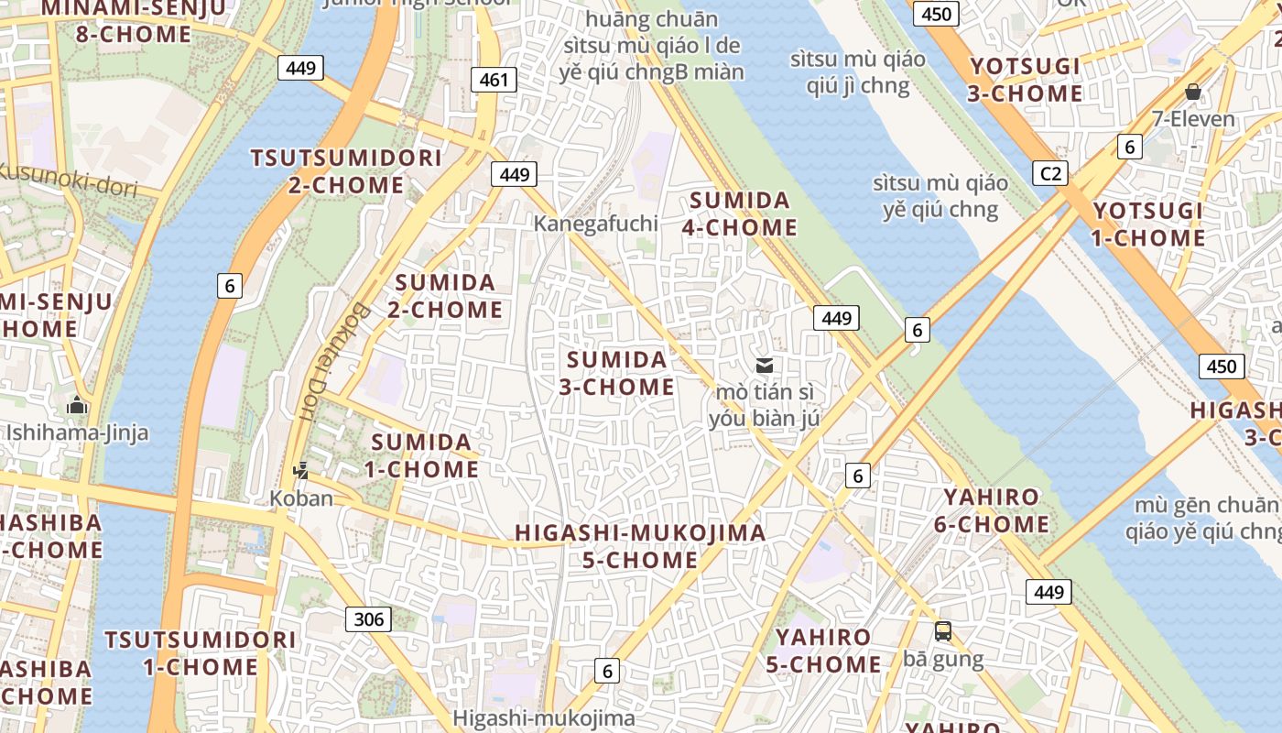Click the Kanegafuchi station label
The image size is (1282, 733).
pos(595,224)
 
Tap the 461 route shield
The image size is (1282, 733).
pos(494,80)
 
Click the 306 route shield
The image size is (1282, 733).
pos(368,619)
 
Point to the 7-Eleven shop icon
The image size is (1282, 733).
pos(1192,92)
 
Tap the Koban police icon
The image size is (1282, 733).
pos(300,472)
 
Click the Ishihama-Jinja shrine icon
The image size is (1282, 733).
pos(77,405)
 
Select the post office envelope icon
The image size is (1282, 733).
pos(764,366)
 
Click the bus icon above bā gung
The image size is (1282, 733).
pos(942,631)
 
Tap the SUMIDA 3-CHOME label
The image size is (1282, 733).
pos(616,373)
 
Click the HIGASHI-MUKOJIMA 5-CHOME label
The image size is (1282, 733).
pos(640,546)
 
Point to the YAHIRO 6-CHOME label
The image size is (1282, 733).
pos(991,511)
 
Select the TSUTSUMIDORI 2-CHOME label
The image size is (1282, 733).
pos(346,171)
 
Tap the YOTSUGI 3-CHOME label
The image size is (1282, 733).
pos(1026,80)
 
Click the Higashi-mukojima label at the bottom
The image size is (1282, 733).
pos(543,718)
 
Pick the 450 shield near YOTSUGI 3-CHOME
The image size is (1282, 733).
pos(936,14)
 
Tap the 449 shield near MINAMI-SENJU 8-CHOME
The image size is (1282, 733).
pos(300,68)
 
